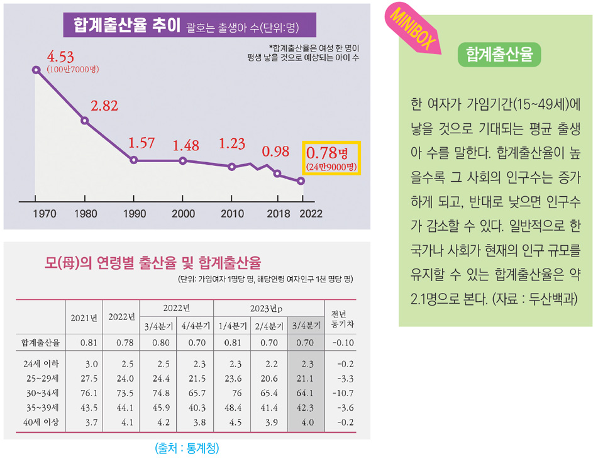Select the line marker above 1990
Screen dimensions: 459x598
click(x=134, y=160)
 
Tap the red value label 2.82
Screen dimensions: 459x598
click(x=104, y=105)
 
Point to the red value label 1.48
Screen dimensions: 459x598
click(x=185, y=145)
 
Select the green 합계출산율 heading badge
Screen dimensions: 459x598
click(x=499, y=54)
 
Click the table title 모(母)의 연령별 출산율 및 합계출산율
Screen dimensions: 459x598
click(x=153, y=261)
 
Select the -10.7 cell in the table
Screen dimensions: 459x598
click(x=342, y=394)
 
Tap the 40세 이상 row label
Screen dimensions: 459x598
click(x=40, y=423)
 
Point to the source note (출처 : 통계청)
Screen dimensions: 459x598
click(x=187, y=448)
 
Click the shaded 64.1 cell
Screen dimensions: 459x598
click(x=306, y=394)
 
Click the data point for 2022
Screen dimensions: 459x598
click(x=301, y=181)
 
